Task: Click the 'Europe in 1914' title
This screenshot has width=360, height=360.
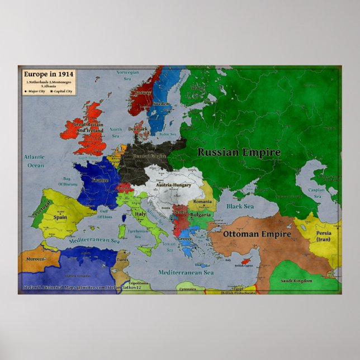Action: tap(48, 74)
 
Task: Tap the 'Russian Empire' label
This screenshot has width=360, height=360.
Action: tap(239, 151)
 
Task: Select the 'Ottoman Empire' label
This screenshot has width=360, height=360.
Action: tap(257, 234)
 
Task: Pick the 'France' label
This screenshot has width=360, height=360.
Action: tap(100, 181)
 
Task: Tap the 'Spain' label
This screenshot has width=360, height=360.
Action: tap(60, 217)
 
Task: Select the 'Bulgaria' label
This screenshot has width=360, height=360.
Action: tap(200, 215)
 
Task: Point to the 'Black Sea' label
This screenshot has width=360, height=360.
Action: tap(240, 206)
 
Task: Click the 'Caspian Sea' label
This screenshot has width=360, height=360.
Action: tap(317, 193)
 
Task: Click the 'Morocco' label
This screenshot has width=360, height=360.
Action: tap(35, 259)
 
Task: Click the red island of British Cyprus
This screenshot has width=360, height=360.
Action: tap(244, 262)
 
